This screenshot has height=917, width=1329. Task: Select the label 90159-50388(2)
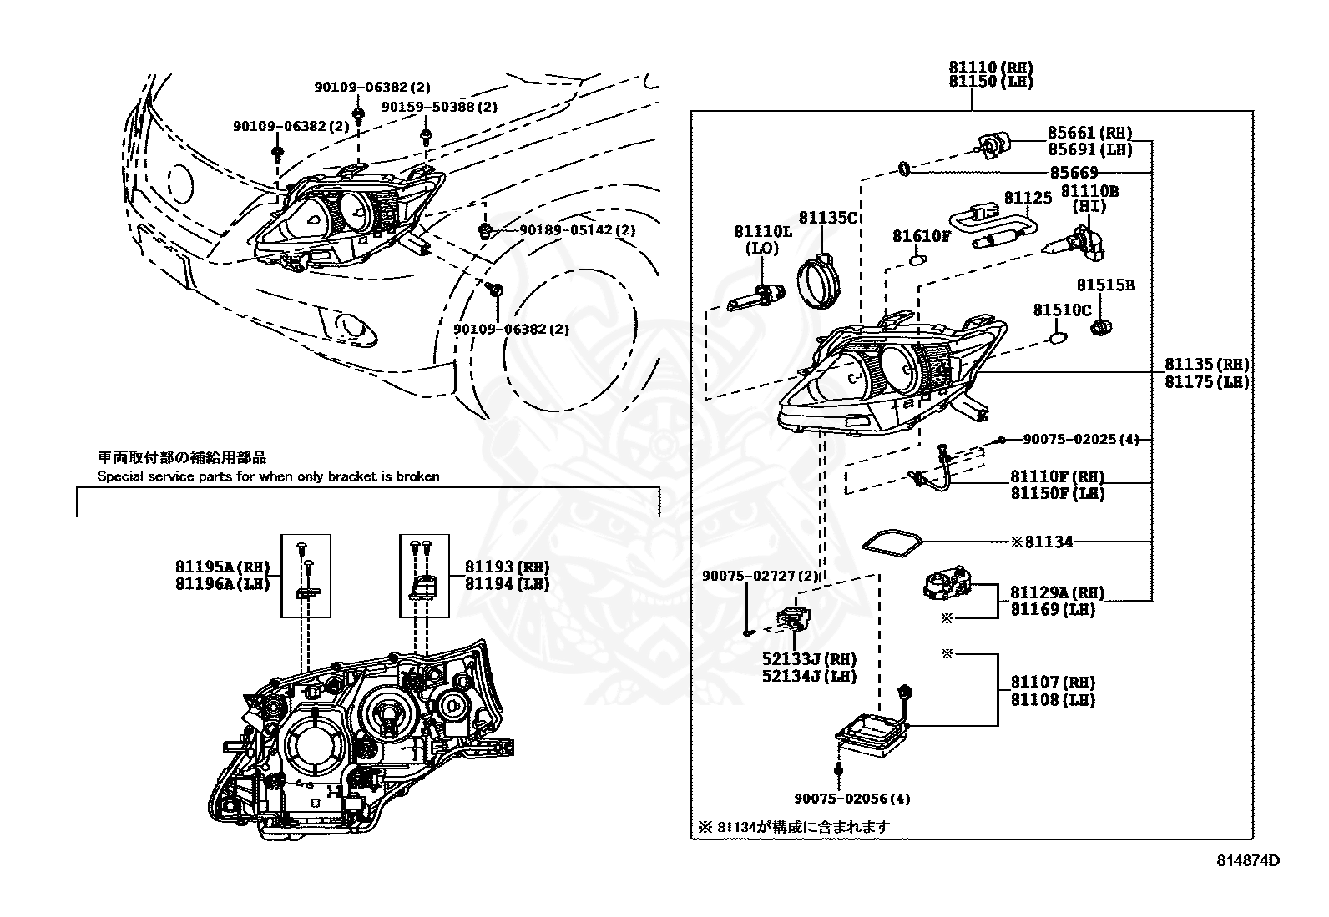439,107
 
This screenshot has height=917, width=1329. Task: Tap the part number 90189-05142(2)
577,230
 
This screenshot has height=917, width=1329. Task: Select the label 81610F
921,236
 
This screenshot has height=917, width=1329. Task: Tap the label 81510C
1062,310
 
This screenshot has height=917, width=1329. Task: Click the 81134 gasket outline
892,542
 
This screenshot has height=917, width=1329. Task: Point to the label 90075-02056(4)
851,799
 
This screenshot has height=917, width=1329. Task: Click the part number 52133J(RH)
808,659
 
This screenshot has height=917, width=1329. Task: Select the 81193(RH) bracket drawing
424,584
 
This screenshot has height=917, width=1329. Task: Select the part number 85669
1074,173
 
